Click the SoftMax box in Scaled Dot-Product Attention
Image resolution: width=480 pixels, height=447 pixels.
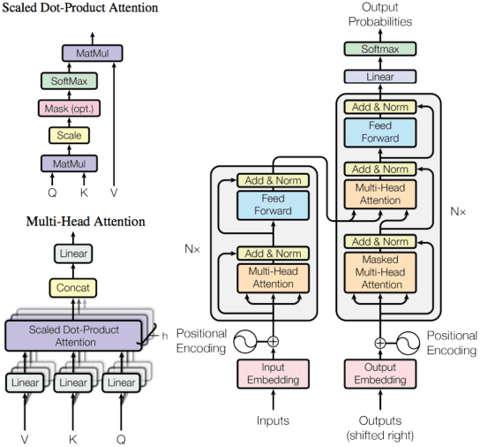pyautogui.click(x=67, y=81)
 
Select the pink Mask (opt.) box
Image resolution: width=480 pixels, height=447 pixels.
pyautogui.click(x=67, y=109)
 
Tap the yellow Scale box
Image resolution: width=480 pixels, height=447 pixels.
pyautogui.click(x=67, y=136)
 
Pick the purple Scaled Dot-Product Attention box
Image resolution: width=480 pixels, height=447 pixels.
pyautogui.click(x=74, y=336)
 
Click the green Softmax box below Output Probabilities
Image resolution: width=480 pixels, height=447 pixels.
pyautogui.click(x=379, y=49)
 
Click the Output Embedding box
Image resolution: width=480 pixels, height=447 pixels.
pyautogui.click(x=379, y=374)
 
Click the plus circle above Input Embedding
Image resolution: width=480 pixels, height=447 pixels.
pyautogui.click(x=273, y=340)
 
